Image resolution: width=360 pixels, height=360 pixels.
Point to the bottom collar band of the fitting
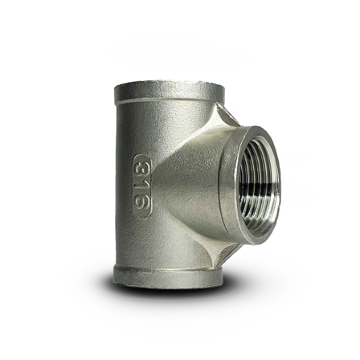click(167, 277)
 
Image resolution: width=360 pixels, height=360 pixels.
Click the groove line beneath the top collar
click(169, 101)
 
